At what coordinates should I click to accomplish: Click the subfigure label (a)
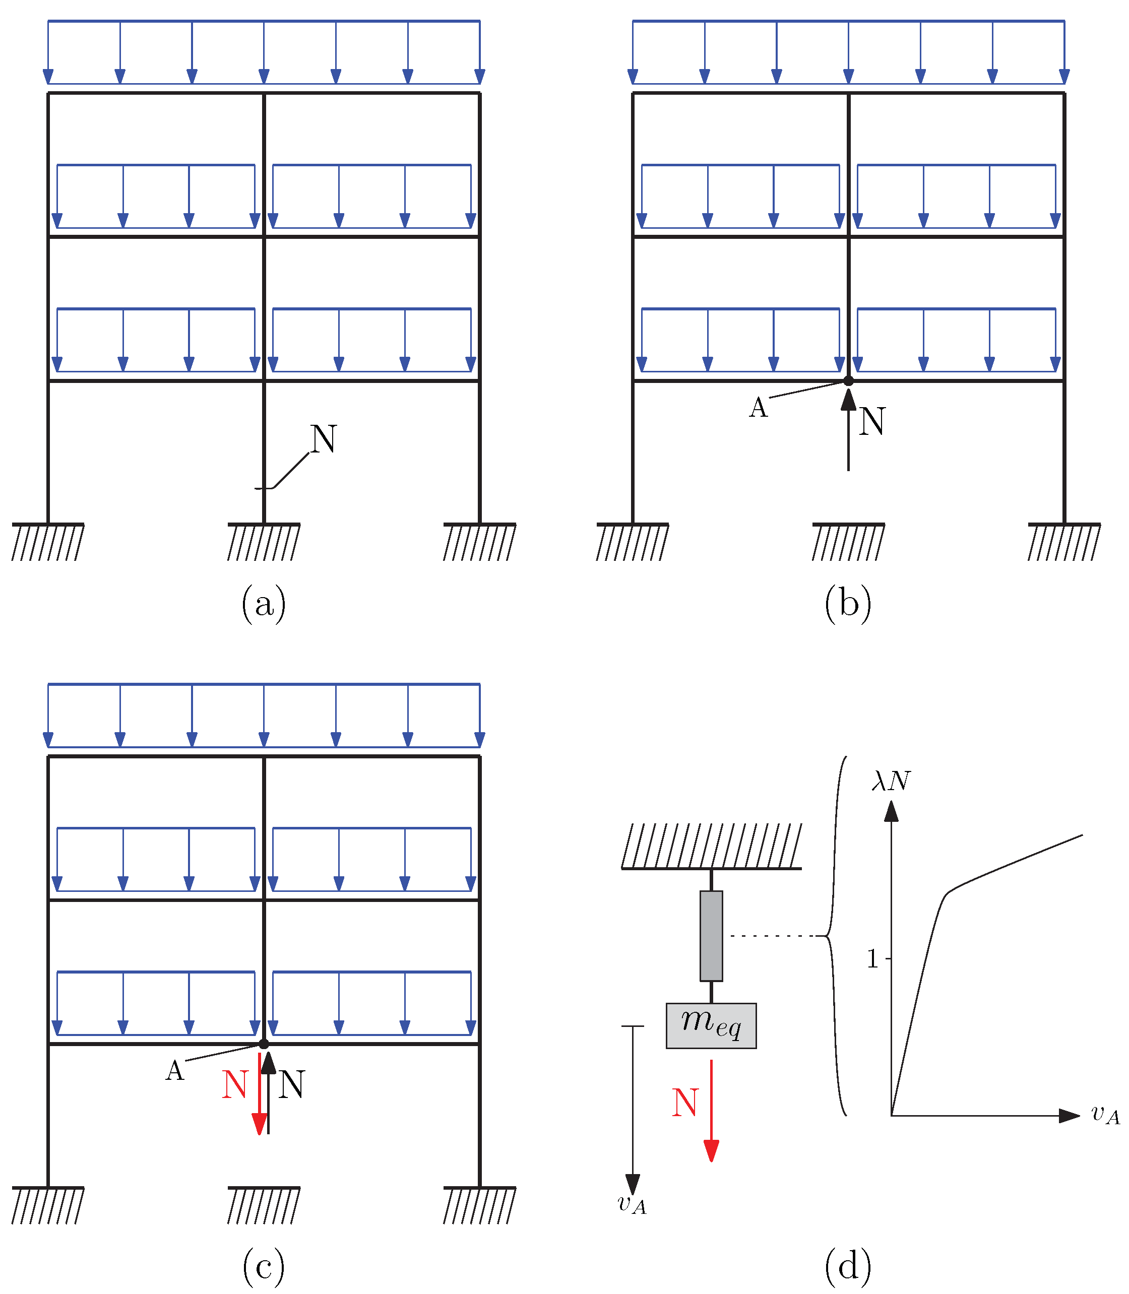(263, 604)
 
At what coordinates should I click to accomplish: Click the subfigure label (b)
(848, 604)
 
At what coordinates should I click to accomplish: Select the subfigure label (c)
(263, 1266)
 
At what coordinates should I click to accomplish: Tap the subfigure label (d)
(848, 1266)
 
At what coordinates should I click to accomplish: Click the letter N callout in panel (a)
(323, 439)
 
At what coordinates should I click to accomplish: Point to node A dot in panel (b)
(849, 380)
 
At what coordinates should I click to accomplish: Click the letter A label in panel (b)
(759, 408)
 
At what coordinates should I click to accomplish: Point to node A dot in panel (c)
(264, 1044)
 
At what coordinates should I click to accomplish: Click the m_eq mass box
(711, 1025)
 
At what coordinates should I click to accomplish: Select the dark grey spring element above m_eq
(711, 936)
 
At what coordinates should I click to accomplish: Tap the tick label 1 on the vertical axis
(872, 959)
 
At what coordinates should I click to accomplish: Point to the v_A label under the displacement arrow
(632, 1204)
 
